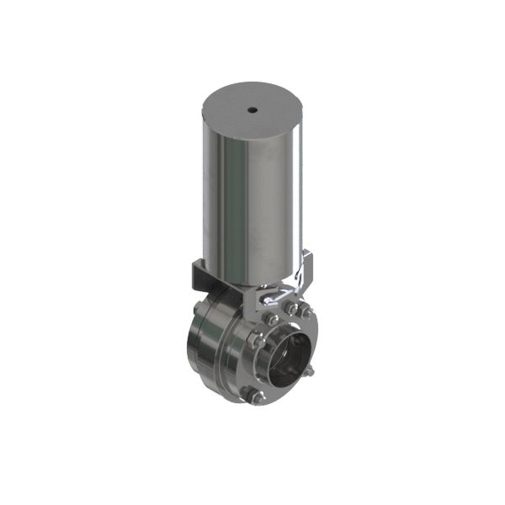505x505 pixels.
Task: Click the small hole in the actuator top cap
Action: coord(252,109)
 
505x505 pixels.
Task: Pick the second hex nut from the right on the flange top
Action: coord(291,308)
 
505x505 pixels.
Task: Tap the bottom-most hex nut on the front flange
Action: coord(258,395)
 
